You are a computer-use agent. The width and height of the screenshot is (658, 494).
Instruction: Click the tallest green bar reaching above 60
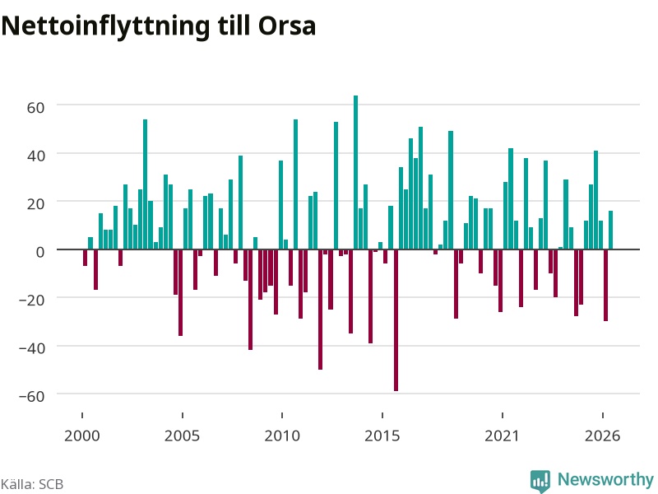coord(355,172)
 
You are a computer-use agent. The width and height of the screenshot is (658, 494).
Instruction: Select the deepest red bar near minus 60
coord(396,320)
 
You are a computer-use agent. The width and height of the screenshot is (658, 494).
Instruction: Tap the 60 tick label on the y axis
coord(35,108)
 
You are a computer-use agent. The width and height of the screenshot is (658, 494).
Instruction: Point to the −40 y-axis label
coord(32,347)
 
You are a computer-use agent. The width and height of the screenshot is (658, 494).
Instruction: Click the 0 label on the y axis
coord(40,252)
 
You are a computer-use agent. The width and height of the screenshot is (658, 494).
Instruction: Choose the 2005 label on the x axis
coord(182,436)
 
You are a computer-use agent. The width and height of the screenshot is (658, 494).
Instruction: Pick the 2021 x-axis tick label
coord(502,436)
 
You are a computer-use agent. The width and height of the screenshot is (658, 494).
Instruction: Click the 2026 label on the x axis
coord(602,436)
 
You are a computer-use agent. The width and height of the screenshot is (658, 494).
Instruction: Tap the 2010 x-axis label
coord(282,436)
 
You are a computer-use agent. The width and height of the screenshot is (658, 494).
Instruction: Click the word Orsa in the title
coord(286,26)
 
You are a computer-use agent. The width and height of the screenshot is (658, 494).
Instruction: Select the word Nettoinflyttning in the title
coord(106,26)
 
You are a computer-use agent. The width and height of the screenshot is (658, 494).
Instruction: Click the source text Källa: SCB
coord(32,484)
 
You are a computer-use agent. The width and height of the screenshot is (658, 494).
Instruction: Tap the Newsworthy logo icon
coord(540,481)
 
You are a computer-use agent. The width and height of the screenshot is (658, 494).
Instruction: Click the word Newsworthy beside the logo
coord(605,479)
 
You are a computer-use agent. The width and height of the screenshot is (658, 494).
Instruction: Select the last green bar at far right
coord(610,231)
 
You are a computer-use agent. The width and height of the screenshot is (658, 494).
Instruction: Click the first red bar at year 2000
coord(86,258)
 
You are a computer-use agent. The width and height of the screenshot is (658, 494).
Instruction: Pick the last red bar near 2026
coord(605,285)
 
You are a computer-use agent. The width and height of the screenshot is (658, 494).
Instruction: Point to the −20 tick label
coord(32,300)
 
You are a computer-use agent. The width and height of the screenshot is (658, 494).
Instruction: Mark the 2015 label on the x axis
coord(382,436)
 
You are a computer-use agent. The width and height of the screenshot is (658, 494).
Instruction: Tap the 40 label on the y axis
coord(35,156)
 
